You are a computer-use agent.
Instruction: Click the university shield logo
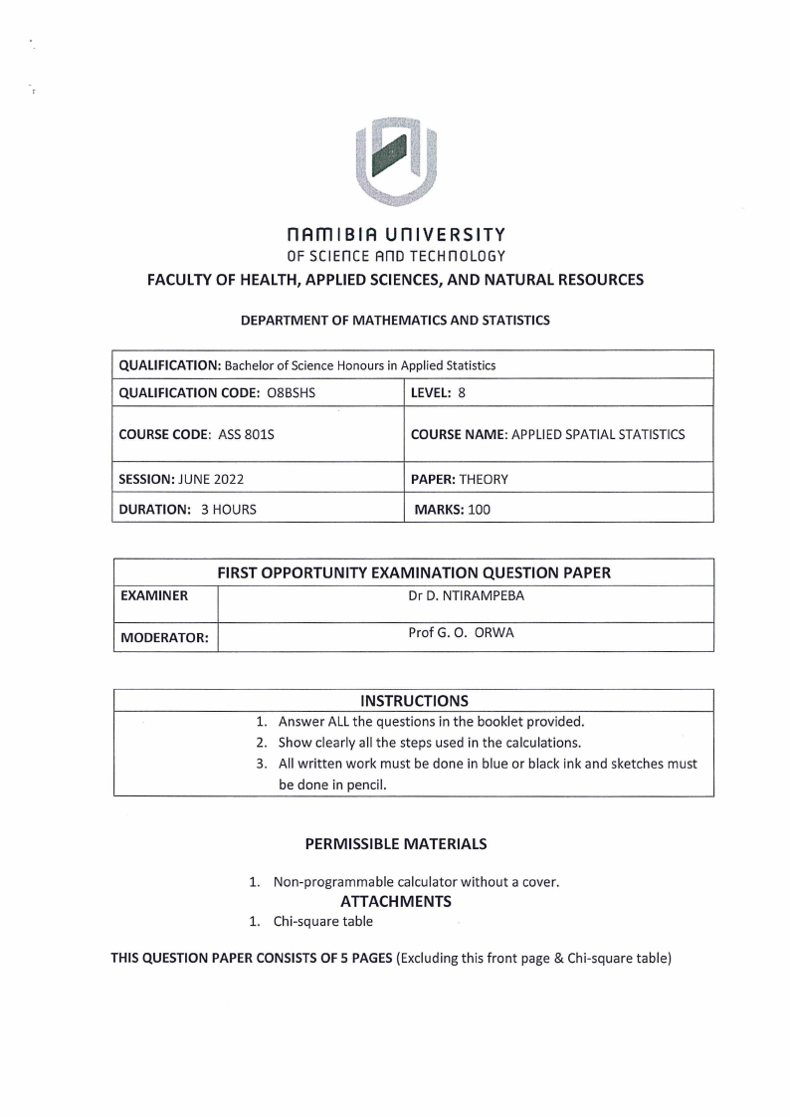click(395, 160)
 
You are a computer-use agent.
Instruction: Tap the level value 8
click(462, 392)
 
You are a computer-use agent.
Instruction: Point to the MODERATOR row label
click(164, 637)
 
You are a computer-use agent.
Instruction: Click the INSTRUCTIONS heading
click(414, 701)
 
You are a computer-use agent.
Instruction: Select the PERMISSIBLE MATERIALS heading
click(395, 843)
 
